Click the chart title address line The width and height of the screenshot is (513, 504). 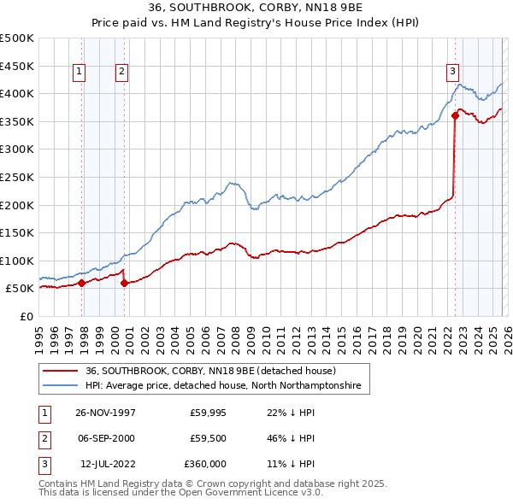(x=256, y=8)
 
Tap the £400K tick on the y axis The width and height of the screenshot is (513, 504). (x=17, y=93)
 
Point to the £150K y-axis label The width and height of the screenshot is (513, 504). (x=17, y=232)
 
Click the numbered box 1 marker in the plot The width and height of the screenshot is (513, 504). (x=80, y=73)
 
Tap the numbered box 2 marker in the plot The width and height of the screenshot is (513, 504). (x=122, y=73)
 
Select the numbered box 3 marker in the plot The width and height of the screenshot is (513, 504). (x=452, y=73)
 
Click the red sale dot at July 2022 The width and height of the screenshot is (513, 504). (x=455, y=116)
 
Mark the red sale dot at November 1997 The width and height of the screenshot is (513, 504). (x=82, y=283)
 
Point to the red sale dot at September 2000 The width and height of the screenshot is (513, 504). (x=124, y=283)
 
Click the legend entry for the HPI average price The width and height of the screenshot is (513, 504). (x=223, y=386)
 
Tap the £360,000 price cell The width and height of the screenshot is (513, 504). (x=205, y=464)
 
